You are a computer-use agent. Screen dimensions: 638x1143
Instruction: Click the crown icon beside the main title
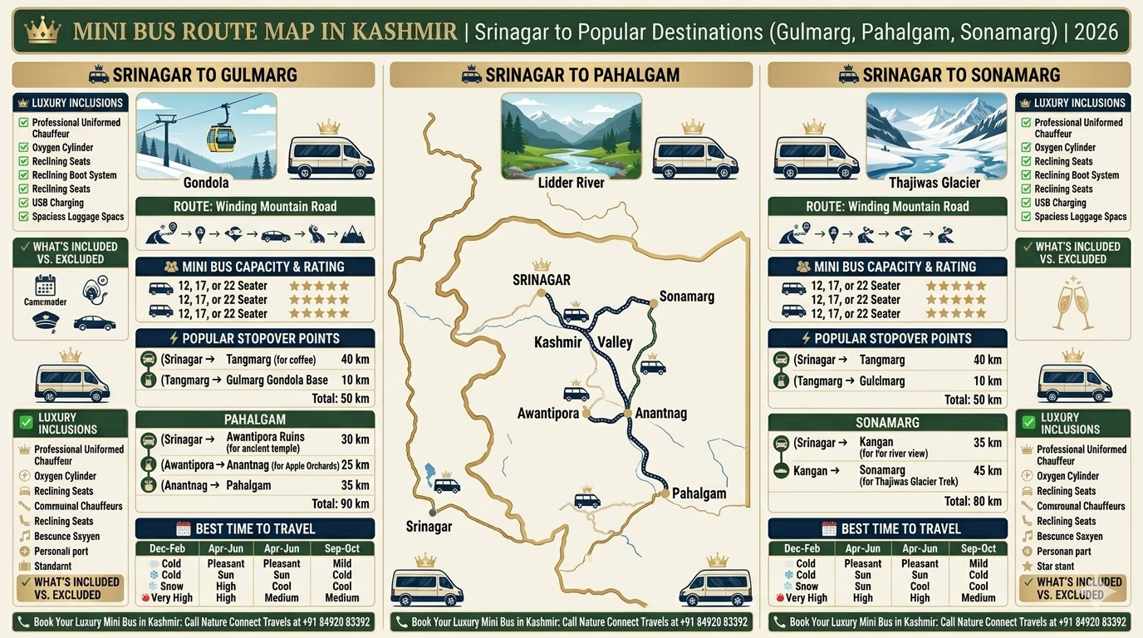point(42,32)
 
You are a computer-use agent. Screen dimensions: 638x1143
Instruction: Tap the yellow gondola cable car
point(221,139)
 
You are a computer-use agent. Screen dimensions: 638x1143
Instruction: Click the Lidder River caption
point(571,183)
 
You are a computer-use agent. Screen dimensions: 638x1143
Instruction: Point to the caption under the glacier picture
point(935,183)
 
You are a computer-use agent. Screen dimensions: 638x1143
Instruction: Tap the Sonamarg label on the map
point(686,297)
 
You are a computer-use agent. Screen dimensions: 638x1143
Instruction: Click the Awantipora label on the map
point(547,414)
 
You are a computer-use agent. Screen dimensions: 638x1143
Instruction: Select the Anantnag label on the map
point(661,413)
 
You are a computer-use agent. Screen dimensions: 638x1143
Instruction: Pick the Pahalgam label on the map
point(699,493)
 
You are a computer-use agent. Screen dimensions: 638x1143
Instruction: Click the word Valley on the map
point(615,342)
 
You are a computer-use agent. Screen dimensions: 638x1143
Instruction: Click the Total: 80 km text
point(973,501)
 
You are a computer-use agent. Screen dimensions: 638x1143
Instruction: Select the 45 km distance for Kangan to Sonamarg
point(988,471)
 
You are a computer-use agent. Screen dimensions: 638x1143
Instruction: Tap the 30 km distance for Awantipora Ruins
point(355,439)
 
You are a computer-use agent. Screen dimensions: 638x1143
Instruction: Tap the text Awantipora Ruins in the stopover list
point(265,437)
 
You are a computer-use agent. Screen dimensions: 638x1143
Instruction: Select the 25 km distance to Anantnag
point(355,464)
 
